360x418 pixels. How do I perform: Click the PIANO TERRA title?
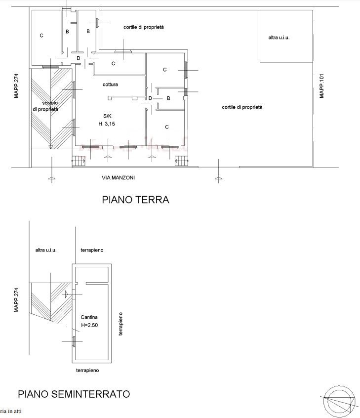click(x=135, y=200)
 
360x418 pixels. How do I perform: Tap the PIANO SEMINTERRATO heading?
click(x=74, y=394)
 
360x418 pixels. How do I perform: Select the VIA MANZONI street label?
click(x=118, y=177)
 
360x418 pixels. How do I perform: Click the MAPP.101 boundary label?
click(x=321, y=86)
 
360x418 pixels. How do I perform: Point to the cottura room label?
click(x=110, y=84)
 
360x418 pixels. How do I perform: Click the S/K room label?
click(x=107, y=116)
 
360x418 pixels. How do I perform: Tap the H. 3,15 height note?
click(x=107, y=124)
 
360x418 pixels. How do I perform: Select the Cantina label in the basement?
click(x=89, y=317)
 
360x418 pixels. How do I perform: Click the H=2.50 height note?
click(x=89, y=325)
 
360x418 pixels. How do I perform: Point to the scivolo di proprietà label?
click(x=45, y=106)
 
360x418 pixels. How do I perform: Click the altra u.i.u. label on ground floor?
click(x=279, y=38)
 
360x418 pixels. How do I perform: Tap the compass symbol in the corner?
click(x=340, y=401)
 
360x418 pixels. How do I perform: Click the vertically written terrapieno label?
click(x=120, y=324)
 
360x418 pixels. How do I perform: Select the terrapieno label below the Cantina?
click(x=87, y=370)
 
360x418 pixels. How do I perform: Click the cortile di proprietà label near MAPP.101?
click(x=242, y=107)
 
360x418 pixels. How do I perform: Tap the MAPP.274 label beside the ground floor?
click(x=16, y=86)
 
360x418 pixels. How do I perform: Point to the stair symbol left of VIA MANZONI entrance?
click(x=79, y=161)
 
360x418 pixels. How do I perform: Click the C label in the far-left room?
click(x=41, y=36)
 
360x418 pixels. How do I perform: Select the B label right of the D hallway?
click(x=168, y=98)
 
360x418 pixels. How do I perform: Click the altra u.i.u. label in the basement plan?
click(x=46, y=250)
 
